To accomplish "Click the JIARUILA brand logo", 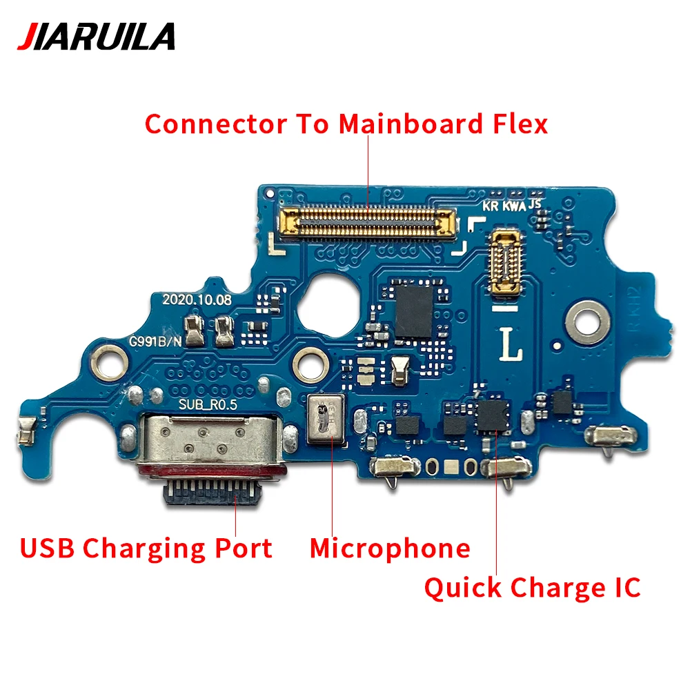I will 96,37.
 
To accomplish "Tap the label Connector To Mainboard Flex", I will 346,124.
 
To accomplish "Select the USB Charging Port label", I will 146,549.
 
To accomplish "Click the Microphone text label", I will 390,549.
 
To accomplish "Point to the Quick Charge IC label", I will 532,588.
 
